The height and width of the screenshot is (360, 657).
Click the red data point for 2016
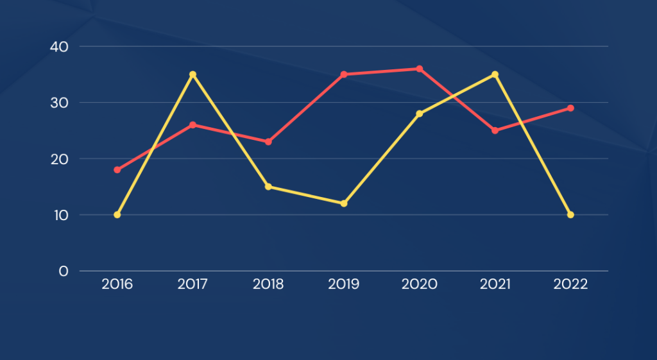click(117, 170)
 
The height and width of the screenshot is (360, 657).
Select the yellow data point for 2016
click(117, 214)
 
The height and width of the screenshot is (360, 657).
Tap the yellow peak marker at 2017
click(192, 74)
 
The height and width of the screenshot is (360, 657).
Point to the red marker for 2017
click(192, 124)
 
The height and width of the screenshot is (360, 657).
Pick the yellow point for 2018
click(268, 187)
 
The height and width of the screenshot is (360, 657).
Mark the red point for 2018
click(268, 142)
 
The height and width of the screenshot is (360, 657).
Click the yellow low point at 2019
click(344, 203)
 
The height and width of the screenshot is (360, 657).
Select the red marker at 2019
click(344, 74)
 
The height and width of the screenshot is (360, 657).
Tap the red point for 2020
click(420, 69)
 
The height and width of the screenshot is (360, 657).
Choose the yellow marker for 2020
click(420, 114)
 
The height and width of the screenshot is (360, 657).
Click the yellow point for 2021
click(495, 74)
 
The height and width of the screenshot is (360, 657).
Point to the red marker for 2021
click(495, 130)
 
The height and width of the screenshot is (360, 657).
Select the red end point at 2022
click(570, 108)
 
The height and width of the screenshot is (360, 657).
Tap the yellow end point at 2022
click(570, 214)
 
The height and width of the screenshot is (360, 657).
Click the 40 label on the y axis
click(59, 47)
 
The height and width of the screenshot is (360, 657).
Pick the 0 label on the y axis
click(63, 271)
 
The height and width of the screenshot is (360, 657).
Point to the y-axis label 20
click(59, 159)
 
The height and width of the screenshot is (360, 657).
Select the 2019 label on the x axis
click(344, 284)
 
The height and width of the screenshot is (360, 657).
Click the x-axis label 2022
click(570, 284)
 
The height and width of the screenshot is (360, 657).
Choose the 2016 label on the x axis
click(117, 284)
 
